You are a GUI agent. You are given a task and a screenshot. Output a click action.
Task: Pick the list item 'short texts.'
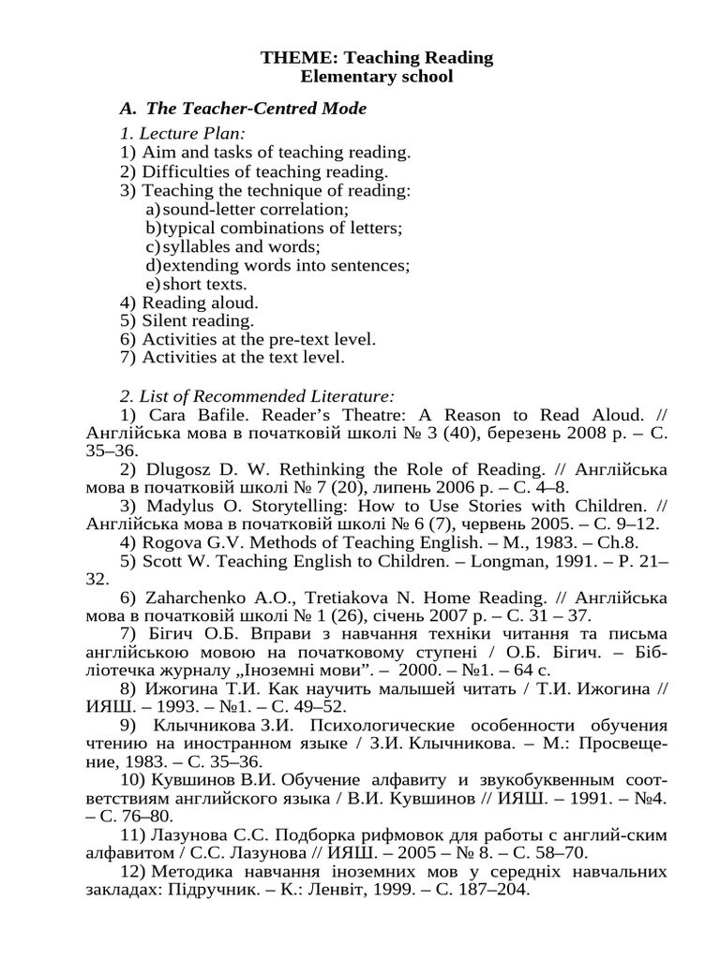click(205, 284)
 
